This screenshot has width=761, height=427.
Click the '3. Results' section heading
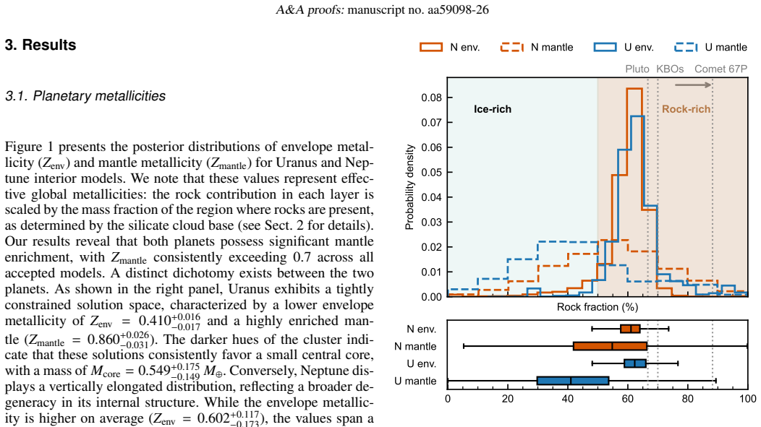coord(41,45)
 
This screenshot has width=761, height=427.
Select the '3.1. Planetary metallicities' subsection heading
coord(85,96)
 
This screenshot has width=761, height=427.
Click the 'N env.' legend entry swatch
coord(431,47)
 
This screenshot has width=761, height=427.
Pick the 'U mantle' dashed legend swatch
coord(686,47)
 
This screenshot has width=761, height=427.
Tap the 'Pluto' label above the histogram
coord(637,69)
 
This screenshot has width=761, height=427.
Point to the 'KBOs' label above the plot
coord(670,69)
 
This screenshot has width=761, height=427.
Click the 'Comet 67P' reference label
coord(720,69)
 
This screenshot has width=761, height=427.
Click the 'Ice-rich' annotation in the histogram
coord(493,109)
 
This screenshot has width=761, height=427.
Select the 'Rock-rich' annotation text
coord(686,109)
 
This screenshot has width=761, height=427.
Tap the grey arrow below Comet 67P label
coord(693,85)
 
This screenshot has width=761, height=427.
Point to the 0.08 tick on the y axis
coord(431,98)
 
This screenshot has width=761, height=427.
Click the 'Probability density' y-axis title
coord(409,186)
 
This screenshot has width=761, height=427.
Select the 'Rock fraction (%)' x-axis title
coord(598,307)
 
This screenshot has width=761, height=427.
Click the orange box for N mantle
coord(610,346)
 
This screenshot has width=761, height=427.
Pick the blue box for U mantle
coord(573,381)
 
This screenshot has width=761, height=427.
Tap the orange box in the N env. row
coord(630,329)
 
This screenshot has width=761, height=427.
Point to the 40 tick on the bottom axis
coord(568,398)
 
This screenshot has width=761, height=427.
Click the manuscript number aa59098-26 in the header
coord(458,9)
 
